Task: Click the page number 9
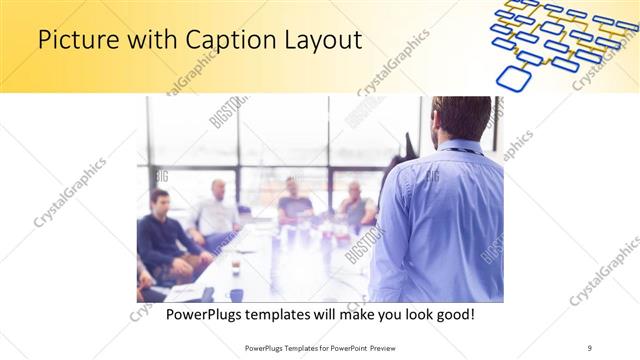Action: pyautogui.click(x=589, y=348)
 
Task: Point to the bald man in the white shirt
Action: pyautogui.click(x=217, y=210)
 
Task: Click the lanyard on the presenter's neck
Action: pyautogui.click(x=459, y=151)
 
